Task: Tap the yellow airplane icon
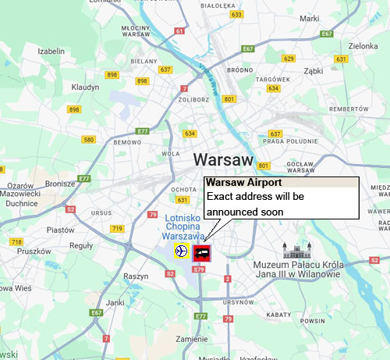point(181,251)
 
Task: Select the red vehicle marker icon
point(202,251)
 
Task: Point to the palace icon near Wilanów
point(296,251)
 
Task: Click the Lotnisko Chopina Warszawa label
point(184,226)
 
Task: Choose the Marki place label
point(310,18)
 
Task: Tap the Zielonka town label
point(363,46)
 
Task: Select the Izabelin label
point(50,51)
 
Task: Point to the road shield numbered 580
point(88,140)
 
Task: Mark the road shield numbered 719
point(118,228)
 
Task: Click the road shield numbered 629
point(289,59)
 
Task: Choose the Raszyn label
point(136,276)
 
